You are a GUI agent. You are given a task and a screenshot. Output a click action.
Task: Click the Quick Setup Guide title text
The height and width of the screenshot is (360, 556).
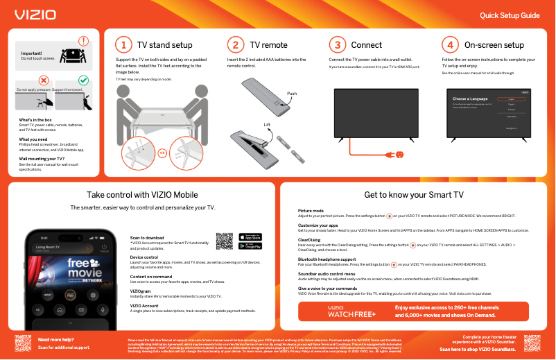[x=510, y=15]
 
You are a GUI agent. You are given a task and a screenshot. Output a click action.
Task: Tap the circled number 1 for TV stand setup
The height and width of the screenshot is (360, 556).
[x=123, y=45]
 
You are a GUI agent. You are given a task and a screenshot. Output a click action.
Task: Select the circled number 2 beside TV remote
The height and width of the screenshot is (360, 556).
[x=236, y=45]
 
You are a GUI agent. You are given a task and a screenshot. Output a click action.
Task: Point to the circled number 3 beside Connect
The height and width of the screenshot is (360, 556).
[x=337, y=45]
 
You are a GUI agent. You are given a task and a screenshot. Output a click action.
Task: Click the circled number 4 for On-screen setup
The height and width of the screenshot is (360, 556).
[x=450, y=45]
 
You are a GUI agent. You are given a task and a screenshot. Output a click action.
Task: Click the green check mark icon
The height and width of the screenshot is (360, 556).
[x=83, y=80]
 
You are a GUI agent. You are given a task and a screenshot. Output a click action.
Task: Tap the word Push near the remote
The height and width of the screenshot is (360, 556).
[x=292, y=93]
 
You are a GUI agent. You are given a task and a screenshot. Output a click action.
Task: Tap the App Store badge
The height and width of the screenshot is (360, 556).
[x=250, y=237]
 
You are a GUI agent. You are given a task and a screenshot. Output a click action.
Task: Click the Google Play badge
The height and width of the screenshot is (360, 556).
[x=250, y=246]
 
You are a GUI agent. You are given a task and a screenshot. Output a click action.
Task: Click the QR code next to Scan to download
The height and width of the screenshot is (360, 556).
[x=225, y=241]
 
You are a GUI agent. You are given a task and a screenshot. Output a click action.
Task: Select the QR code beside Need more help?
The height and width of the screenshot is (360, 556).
[x=23, y=343]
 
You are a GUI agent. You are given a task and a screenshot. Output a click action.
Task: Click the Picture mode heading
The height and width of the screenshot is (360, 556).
[x=311, y=210]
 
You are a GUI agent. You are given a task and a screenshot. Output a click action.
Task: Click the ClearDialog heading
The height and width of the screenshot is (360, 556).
[x=309, y=240]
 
